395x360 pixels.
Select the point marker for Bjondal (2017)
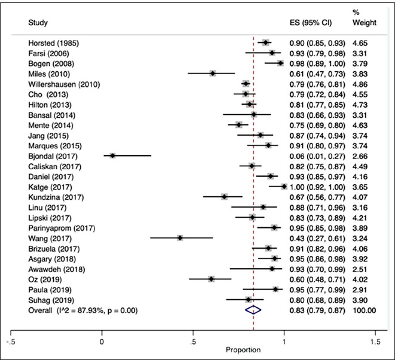tap(112, 155)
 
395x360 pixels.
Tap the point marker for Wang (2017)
tap(180, 237)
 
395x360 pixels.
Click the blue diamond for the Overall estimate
tap(253, 310)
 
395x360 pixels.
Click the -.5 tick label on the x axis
tap(11, 341)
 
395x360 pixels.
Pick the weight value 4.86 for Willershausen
tap(361, 84)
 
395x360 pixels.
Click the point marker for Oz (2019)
tap(211, 279)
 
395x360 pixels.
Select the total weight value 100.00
tap(364, 310)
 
